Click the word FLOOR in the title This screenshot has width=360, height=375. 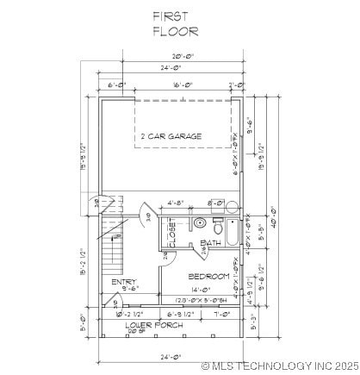click(176, 32)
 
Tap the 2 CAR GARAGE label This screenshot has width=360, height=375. click(171, 136)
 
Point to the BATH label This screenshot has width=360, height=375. click(210, 243)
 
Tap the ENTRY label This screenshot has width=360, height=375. click(124, 282)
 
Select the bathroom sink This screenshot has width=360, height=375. click(200, 223)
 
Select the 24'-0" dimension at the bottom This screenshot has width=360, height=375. click(169, 356)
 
